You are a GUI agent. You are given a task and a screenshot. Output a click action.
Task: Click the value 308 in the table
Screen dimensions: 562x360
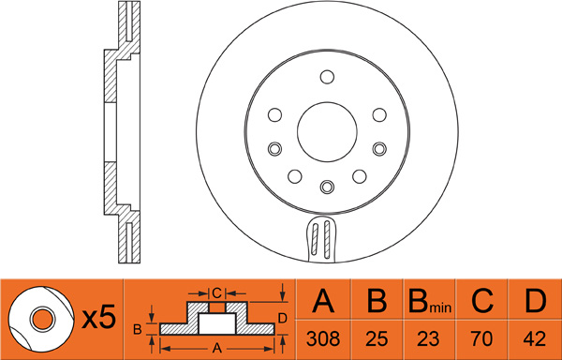coord(323,338)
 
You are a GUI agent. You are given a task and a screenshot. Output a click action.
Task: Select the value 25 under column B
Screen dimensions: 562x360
coord(377,338)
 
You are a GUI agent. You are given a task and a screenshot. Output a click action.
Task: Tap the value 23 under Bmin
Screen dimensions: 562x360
coord(429,338)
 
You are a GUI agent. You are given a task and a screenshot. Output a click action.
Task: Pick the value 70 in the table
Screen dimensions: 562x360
coord(482,338)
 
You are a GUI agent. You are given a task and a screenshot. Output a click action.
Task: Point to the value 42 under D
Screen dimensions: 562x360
coord(535,338)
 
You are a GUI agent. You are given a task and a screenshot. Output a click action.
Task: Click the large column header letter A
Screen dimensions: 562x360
coord(323,301)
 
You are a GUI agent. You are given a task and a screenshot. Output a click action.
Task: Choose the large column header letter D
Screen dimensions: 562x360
coord(535,301)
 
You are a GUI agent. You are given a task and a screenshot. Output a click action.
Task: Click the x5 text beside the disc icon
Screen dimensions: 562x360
coord(99,318)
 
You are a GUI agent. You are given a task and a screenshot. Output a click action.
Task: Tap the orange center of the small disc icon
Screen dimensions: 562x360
coord(43,319)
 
